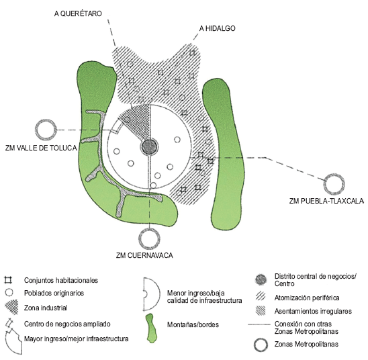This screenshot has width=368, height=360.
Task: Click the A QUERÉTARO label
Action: pyautogui.click(x=78, y=13)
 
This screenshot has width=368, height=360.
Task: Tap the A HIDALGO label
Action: pyautogui.click(x=218, y=28)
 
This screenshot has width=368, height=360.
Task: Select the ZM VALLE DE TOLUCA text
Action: pyautogui.click(x=41, y=148)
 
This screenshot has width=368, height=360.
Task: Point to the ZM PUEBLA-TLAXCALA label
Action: pyautogui.click(x=326, y=201)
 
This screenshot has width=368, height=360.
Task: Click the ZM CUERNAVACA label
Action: pyautogui.click(x=144, y=255)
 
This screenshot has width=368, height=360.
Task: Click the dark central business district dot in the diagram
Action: pyautogui.click(x=149, y=147)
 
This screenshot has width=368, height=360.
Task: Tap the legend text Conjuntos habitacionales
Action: pyautogui.click(x=61, y=280)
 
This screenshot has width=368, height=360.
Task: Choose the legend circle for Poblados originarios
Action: pyautogui.click(x=9, y=293)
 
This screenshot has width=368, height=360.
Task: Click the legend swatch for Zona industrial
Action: pyautogui.click(x=11, y=307)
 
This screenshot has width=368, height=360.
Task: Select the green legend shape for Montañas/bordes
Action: pyautogui.click(x=150, y=328)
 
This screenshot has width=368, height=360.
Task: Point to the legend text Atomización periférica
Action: pyautogui.click(x=307, y=298)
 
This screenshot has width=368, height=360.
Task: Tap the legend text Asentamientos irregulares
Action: pyautogui.click(x=313, y=311)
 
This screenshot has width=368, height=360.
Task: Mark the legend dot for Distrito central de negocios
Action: pyautogui.click(x=261, y=279)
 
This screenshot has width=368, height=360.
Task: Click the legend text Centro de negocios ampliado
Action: pyautogui.click(x=67, y=324)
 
